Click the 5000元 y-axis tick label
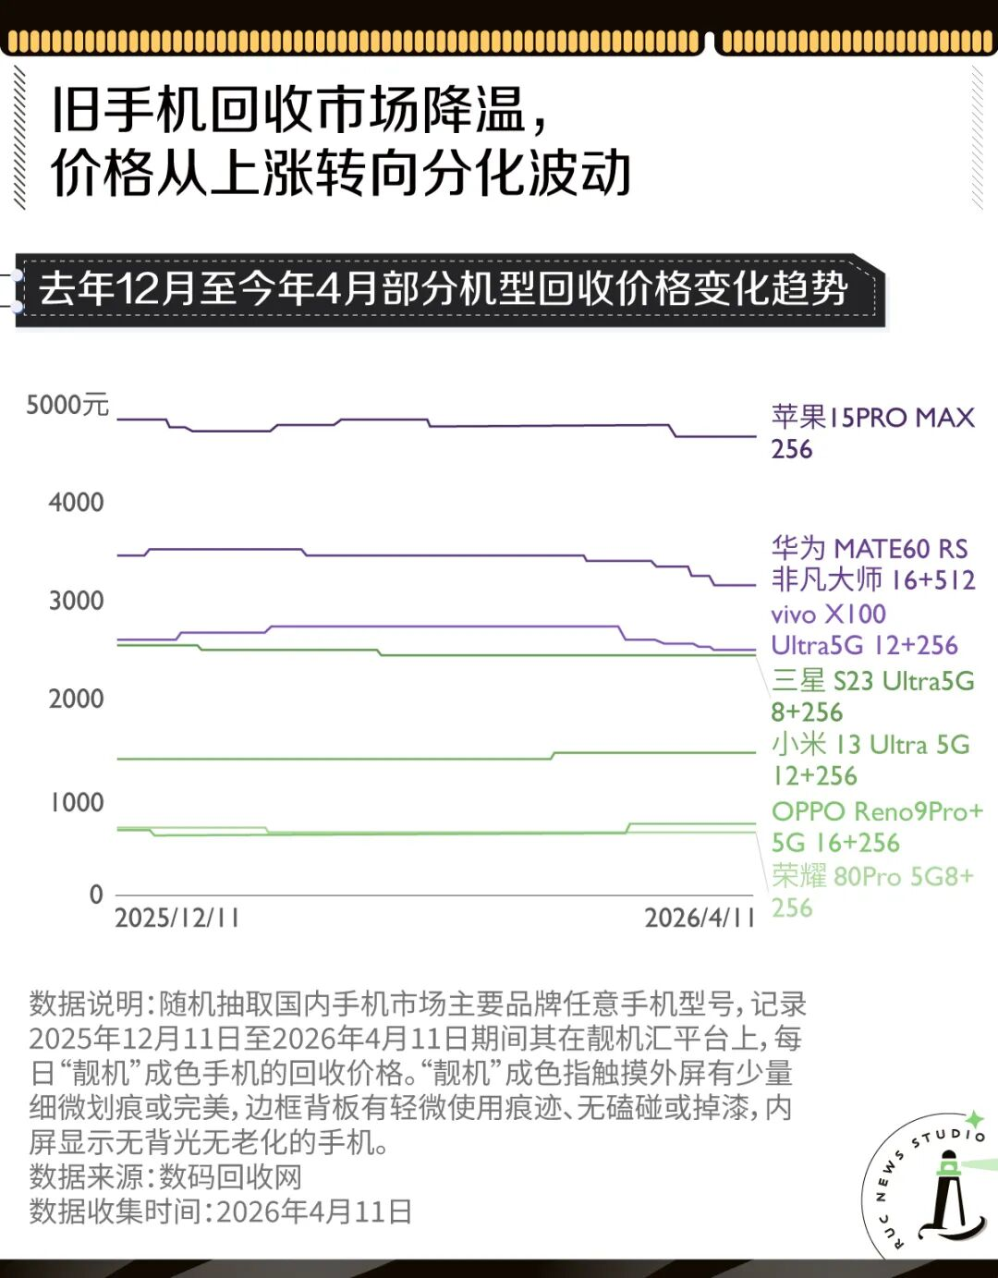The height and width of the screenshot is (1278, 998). [67, 405]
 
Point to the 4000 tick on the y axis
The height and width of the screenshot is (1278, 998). [76, 503]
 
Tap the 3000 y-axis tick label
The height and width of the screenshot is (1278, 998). [76, 601]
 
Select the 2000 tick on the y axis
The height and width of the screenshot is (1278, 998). [76, 699]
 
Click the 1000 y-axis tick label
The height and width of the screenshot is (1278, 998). [76, 802]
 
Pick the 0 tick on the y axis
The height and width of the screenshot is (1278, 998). [96, 895]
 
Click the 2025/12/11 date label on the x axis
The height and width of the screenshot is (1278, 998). [176, 918]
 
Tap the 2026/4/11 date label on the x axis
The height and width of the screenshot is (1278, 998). [700, 918]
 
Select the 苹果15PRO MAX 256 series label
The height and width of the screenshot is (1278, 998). [872, 432]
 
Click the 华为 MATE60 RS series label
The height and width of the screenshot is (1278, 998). [872, 564]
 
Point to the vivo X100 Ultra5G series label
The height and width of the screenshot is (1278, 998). [864, 629]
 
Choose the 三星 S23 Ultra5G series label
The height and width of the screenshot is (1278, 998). [872, 697]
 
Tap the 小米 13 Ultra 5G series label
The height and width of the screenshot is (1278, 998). [870, 760]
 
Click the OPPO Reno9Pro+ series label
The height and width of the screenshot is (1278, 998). [876, 826]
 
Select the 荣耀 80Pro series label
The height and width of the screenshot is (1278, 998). [871, 891]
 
